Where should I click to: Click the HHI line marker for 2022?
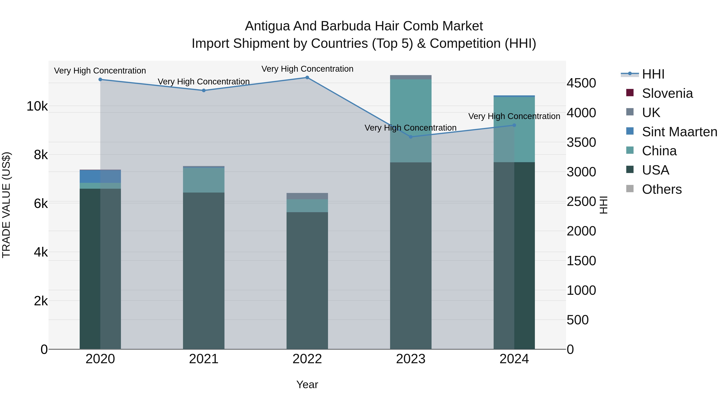(x=307, y=78)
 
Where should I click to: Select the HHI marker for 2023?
(x=411, y=137)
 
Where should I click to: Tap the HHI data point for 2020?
(x=100, y=80)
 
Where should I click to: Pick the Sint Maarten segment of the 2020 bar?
(x=100, y=176)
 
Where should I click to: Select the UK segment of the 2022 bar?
(x=307, y=196)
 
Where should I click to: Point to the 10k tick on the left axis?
(x=37, y=106)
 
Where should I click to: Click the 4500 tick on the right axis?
(x=581, y=83)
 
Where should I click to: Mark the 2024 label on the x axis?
(x=514, y=359)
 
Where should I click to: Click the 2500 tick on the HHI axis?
(x=581, y=202)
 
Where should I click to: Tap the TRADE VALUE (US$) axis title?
(x=6, y=205)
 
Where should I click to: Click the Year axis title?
(x=307, y=384)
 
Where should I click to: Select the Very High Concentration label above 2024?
(x=514, y=116)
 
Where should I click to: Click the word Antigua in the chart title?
(x=267, y=26)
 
